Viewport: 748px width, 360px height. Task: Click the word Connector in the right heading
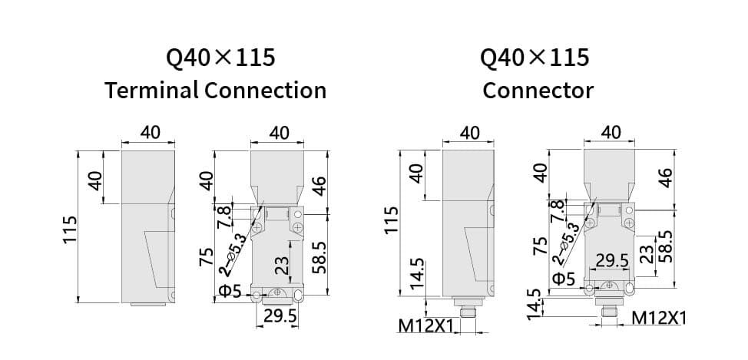(x=538, y=90)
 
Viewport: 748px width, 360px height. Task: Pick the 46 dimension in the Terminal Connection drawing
(x=319, y=186)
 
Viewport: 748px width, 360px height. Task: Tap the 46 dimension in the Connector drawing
(x=666, y=178)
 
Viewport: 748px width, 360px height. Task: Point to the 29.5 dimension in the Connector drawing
(x=613, y=261)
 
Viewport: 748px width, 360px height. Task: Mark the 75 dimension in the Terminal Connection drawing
(x=206, y=257)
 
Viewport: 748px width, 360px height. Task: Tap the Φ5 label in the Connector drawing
(x=564, y=277)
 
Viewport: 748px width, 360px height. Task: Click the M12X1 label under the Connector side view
(x=427, y=327)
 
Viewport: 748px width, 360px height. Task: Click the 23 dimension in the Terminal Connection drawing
(x=282, y=266)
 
